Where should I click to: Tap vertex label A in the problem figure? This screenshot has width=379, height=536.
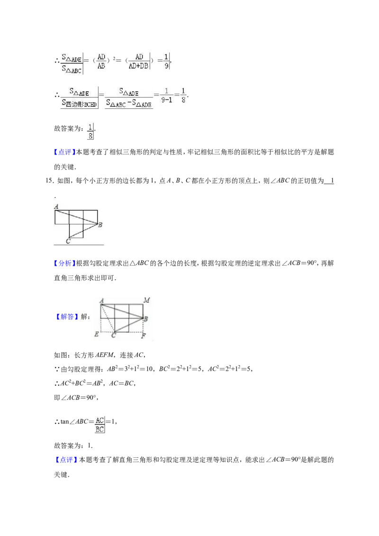56,206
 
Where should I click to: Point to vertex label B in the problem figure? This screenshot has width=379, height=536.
100,224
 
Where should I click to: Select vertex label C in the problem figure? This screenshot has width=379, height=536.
68,241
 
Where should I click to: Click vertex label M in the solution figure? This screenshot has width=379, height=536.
147,300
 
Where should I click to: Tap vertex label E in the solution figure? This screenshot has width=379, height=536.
97,334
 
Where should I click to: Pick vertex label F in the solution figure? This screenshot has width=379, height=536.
144,336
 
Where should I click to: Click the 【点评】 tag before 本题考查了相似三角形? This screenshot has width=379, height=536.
65,152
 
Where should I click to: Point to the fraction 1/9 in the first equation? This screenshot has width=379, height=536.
166,61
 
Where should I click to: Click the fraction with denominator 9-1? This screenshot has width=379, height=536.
167,95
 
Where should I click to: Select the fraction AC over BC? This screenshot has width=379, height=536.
99,425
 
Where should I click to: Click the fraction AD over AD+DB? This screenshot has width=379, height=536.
139,61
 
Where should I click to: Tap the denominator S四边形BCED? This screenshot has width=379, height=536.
80,104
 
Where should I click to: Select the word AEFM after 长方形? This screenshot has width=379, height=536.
104,355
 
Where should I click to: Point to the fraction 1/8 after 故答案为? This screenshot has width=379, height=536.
90,132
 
